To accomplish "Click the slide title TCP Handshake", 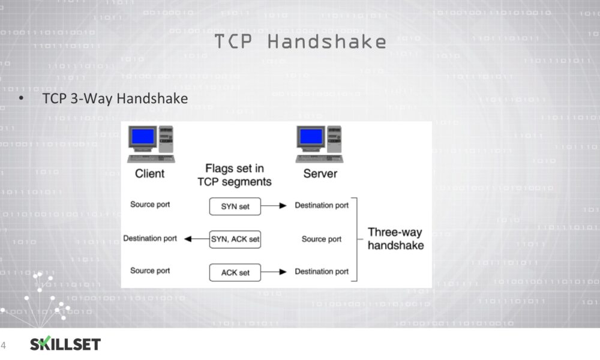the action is point(301,41).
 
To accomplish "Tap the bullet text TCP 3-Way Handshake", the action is point(115,98).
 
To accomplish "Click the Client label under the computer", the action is point(149,173).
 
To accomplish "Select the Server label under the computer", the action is point(320,173).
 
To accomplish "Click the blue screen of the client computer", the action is point(143,137).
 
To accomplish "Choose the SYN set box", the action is point(235,206).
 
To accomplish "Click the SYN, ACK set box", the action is point(235,239).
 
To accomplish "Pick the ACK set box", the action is point(235,272).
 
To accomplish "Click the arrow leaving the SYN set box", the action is point(274,206).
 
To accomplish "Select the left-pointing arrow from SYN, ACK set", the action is point(197,239).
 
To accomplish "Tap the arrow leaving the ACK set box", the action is point(274,272).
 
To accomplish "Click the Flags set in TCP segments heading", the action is point(235,175).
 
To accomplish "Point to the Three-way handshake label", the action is point(395,239).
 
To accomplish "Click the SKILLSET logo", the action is point(65,344).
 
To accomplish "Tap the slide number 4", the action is point(4,346).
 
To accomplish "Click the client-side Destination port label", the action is point(150,238).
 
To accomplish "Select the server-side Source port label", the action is point(322,239).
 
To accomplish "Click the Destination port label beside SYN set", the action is point(322,205).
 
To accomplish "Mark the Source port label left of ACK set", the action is point(150,271).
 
